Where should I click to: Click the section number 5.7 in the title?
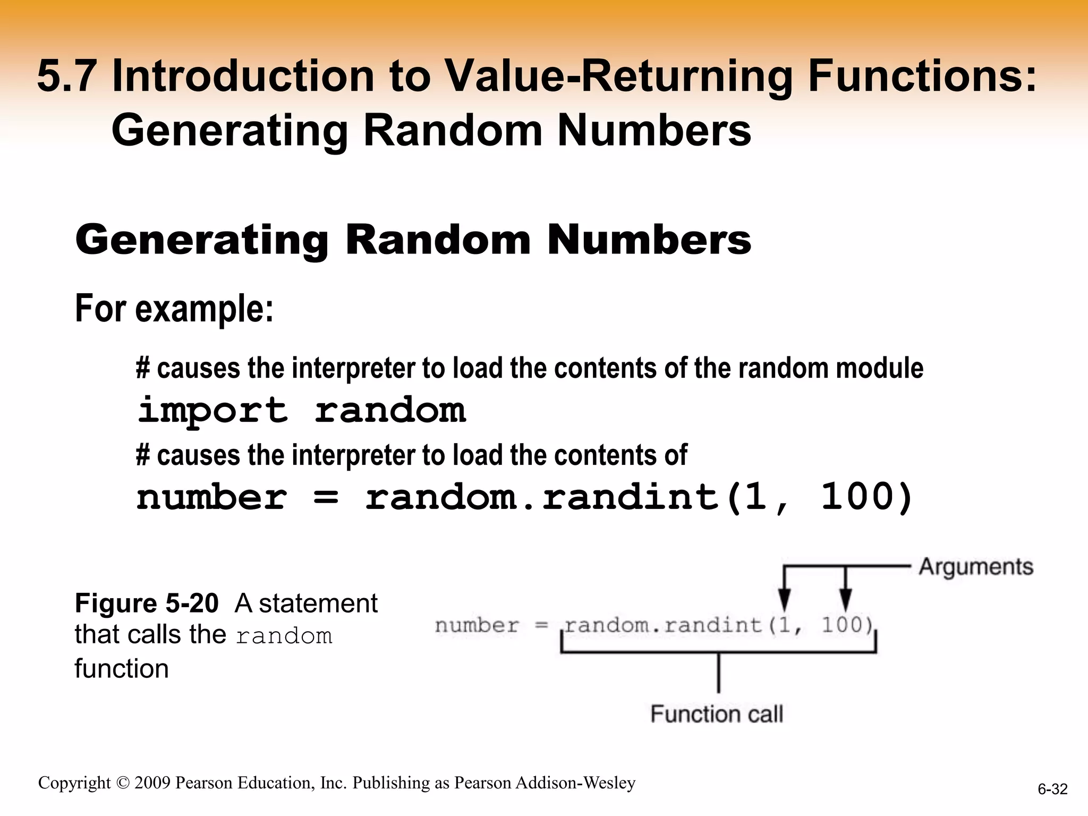click(x=67, y=76)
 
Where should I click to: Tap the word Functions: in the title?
click(x=922, y=76)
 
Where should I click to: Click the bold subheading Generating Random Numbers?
click(x=413, y=240)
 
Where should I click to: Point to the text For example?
click(x=174, y=309)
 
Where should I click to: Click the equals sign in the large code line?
click(x=326, y=498)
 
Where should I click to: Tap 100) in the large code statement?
click(x=866, y=498)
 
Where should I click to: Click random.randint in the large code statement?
click(x=542, y=498)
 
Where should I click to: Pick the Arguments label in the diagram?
click(x=976, y=567)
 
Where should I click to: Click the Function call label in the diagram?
click(x=717, y=714)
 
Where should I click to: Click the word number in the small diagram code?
click(x=477, y=625)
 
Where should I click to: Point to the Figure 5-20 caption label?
click(x=147, y=603)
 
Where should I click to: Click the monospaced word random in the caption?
click(x=284, y=636)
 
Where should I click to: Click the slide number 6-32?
click(x=1052, y=789)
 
